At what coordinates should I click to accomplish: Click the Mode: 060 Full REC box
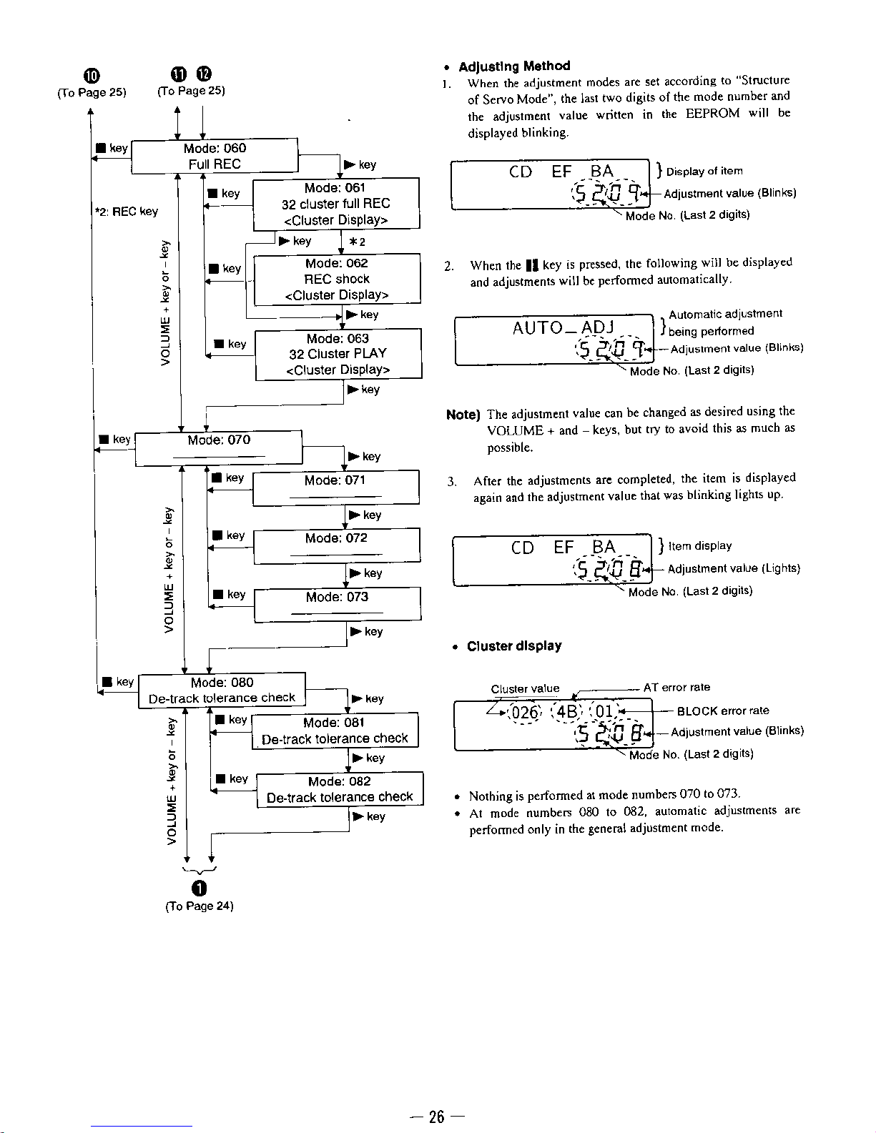(x=215, y=156)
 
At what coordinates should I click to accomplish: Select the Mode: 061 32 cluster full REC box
(x=336, y=204)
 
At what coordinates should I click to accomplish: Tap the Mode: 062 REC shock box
(x=337, y=279)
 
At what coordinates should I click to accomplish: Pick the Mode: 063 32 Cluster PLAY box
(x=338, y=354)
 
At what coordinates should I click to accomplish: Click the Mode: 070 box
(x=219, y=448)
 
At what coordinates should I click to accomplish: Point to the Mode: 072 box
(x=336, y=545)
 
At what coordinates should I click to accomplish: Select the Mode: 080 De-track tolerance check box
(x=222, y=691)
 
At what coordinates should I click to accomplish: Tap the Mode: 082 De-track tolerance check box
(x=340, y=789)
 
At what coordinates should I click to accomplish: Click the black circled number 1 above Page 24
(x=200, y=887)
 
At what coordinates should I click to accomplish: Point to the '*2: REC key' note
(x=126, y=212)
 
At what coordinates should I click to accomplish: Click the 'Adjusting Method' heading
(x=514, y=66)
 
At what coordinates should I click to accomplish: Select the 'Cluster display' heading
(x=514, y=646)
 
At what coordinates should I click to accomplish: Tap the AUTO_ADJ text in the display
(x=564, y=328)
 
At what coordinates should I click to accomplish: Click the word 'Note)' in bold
(x=462, y=415)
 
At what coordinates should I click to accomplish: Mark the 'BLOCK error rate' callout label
(x=723, y=711)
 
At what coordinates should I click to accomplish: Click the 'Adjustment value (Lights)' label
(x=733, y=569)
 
